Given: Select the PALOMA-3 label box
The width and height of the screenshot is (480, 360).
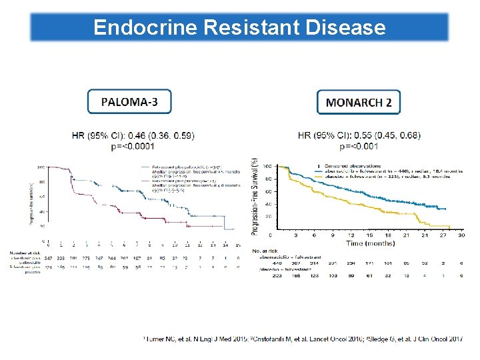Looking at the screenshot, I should tap(129, 102).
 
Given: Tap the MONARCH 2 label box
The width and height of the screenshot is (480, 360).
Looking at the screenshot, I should tap(359, 103).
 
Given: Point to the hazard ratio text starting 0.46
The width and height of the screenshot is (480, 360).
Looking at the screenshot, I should tap(133, 135).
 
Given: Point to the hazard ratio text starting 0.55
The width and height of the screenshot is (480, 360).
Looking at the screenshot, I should tap(359, 135).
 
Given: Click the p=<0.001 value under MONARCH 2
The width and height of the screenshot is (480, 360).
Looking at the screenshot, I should tap(359, 146).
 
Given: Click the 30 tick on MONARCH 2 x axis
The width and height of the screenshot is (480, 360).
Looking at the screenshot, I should tap(461, 235).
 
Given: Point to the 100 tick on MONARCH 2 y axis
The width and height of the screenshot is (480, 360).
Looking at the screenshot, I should tap(267, 165).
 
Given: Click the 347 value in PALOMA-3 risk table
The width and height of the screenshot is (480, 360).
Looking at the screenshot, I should tap(48, 257).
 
